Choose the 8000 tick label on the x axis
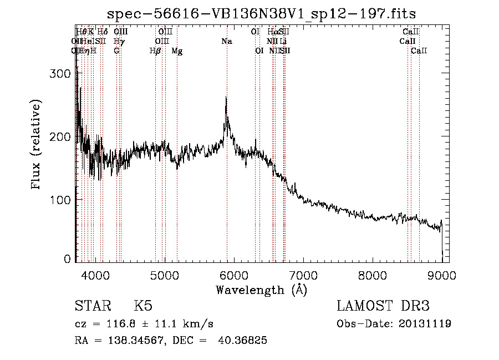(373, 275)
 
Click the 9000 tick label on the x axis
(442, 275)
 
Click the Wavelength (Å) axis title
(261, 290)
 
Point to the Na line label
(226, 41)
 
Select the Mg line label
(177, 50)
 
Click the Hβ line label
(155, 50)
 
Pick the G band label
(116, 50)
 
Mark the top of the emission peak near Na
(226, 98)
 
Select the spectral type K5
(142, 306)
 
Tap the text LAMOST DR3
(383, 306)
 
